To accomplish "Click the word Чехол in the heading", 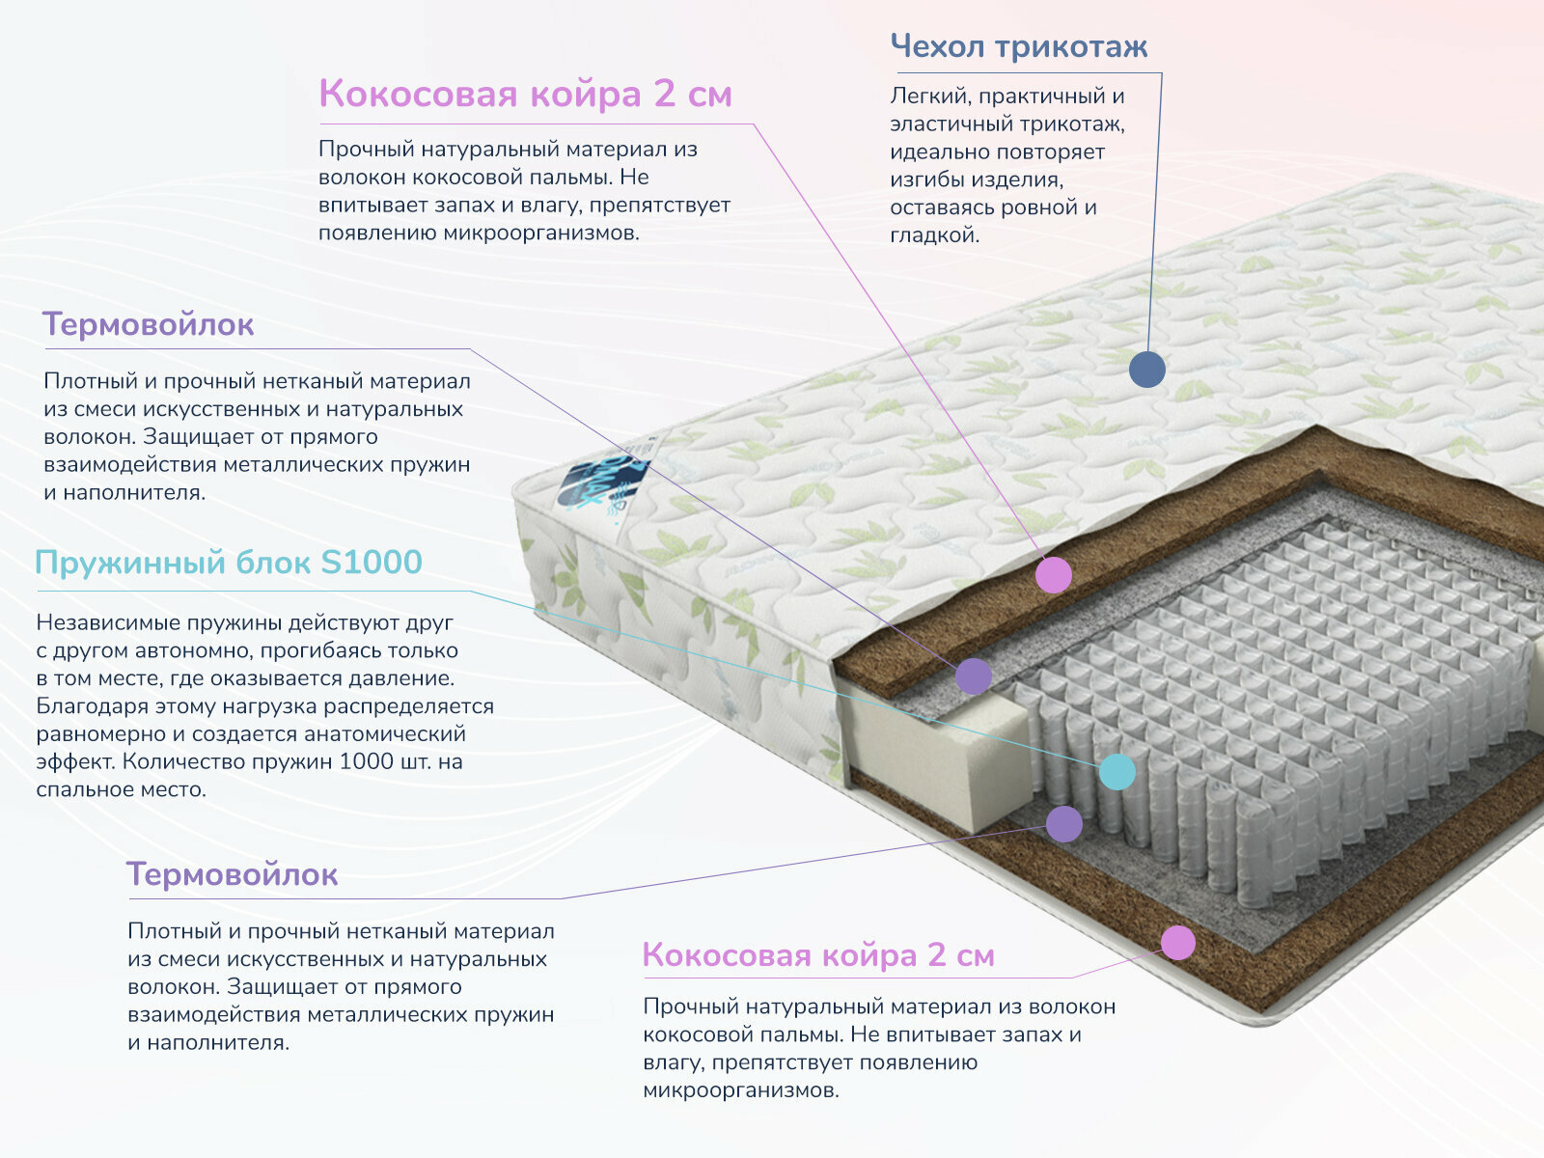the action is point(936,46).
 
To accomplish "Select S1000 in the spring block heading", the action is point(371,562).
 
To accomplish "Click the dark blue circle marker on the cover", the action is point(1146,369).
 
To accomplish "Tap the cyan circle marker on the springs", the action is point(1117,771).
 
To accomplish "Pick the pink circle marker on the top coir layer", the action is point(1054,575).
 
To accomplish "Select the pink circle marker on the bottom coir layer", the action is point(1177,942).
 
